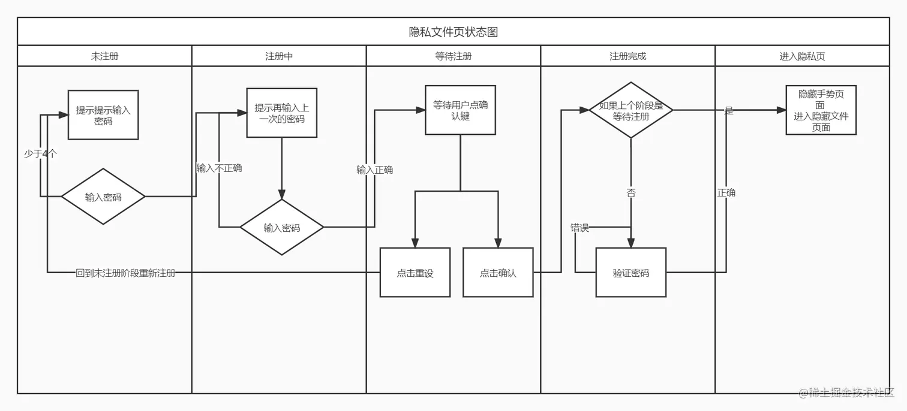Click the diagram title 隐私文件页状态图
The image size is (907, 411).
(x=453, y=32)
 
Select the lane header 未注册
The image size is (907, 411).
(x=104, y=56)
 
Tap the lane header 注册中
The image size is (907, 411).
(x=279, y=56)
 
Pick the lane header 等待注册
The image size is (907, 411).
(x=453, y=56)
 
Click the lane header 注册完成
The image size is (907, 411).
(x=627, y=56)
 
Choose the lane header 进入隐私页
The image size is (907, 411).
(x=802, y=56)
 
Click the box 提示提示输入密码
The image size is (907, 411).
(x=103, y=115)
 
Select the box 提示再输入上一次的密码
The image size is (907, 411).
(x=282, y=113)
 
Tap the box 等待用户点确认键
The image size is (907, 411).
(x=461, y=110)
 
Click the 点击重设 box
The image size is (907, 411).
(x=415, y=273)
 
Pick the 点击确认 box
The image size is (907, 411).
(x=498, y=273)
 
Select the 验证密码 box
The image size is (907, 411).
(x=631, y=273)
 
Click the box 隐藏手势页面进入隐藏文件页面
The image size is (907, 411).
(x=821, y=110)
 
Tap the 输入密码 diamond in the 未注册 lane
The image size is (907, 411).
(x=103, y=197)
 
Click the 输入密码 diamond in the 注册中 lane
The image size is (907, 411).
(x=282, y=228)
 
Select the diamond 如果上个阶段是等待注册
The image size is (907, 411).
(x=631, y=110)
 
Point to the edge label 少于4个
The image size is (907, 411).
(x=41, y=153)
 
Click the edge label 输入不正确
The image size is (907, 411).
(x=219, y=168)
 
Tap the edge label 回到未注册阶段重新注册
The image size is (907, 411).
(x=125, y=273)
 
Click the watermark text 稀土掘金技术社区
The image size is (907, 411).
(x=851, y=392)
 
